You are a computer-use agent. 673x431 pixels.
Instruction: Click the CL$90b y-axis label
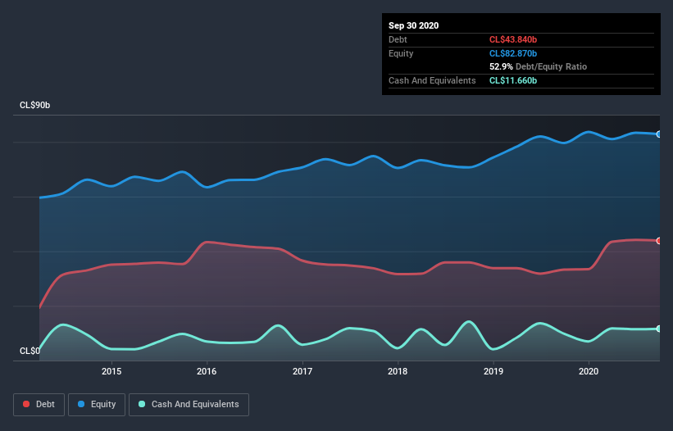35,106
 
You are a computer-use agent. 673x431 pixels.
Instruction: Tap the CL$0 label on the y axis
30,351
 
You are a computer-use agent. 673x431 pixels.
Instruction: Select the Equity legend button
96,404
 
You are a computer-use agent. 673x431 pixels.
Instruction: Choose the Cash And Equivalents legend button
189,404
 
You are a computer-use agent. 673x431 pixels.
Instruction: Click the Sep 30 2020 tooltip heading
413,25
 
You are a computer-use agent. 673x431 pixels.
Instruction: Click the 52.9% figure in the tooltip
501,66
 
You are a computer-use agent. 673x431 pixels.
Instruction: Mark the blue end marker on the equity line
659,134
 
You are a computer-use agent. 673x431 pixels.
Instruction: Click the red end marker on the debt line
659,241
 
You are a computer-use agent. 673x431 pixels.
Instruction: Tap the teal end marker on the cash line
659,329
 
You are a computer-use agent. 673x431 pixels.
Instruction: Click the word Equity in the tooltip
402,53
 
